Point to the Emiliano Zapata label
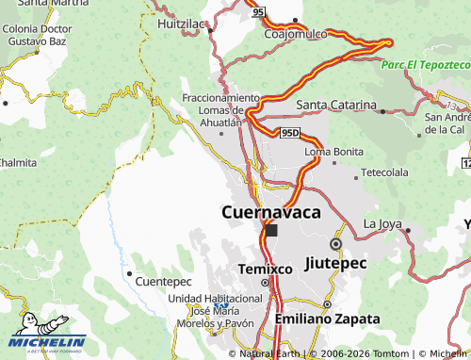(x=327, y=319)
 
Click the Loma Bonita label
(x=334, y=151)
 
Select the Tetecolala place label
(x=385, y=173)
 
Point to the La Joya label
(x=382, y=223)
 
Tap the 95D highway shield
(x=291, y=135)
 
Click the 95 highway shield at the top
(x=258, y=13)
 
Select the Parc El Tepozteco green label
(x=426, y=64)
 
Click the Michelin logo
(x=47, y=342)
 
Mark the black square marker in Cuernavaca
(x=271, y=230)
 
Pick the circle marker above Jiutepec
(x=335, y=244)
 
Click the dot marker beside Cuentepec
(x=130, y=272)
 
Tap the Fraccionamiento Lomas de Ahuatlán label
(x=220, y=109)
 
